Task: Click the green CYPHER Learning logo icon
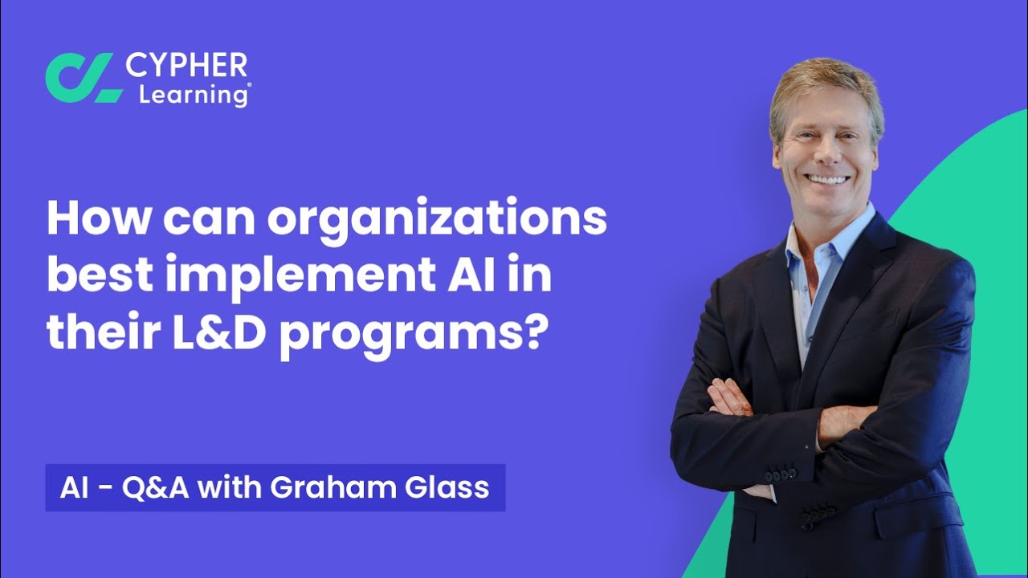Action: click(84, 78)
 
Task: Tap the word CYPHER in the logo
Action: click(186, 65)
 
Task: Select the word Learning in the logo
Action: click(194, 94)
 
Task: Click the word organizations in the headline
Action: click(437, 220)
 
